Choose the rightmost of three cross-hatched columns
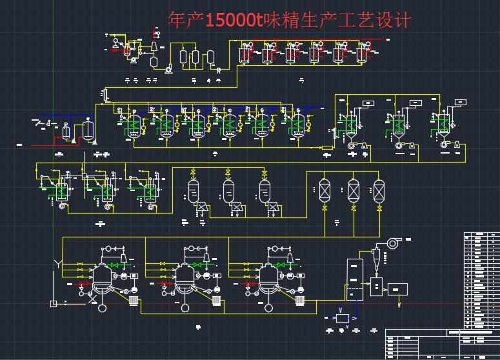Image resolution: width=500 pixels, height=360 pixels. tap(379, 190)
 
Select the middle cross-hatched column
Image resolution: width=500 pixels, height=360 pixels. tap(353, 190)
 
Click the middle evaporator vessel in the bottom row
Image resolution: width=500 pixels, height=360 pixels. tap(185, 277)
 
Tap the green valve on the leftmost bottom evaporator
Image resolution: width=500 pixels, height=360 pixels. tap(116, 265)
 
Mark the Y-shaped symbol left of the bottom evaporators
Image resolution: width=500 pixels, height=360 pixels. tap(59, 265)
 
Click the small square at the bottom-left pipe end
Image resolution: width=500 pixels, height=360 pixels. tap(64, 301)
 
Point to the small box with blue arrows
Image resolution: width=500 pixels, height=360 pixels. tap(342, 318)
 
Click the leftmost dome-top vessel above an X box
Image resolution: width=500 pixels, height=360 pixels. tap(193, 190)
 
